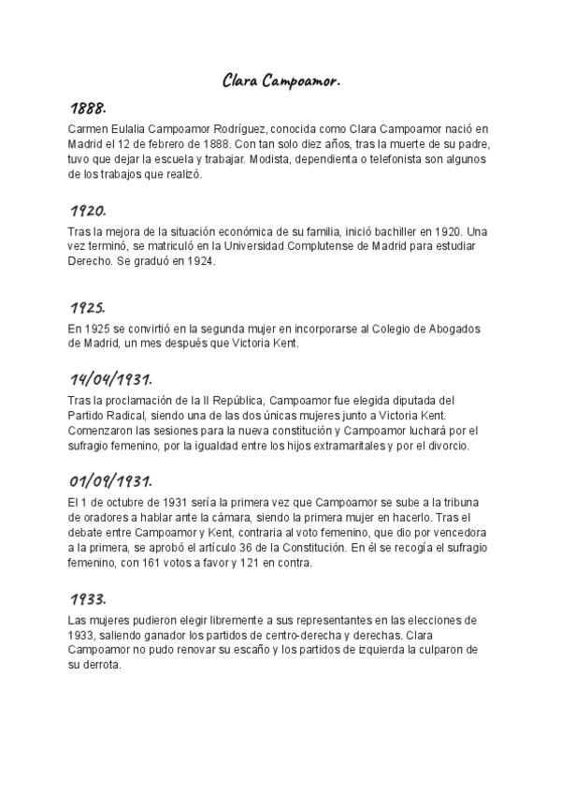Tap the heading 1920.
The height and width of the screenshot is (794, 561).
tap(88, 210)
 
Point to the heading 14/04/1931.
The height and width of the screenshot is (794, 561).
tap(110, 380)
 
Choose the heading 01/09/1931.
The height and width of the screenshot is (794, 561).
tap(110, 481)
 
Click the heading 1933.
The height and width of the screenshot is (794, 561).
tap(88, 597)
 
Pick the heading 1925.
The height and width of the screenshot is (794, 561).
tap(88, 308)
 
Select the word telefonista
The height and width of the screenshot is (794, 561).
tap(384, 158)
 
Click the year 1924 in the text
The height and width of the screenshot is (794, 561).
tap(198, 261)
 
